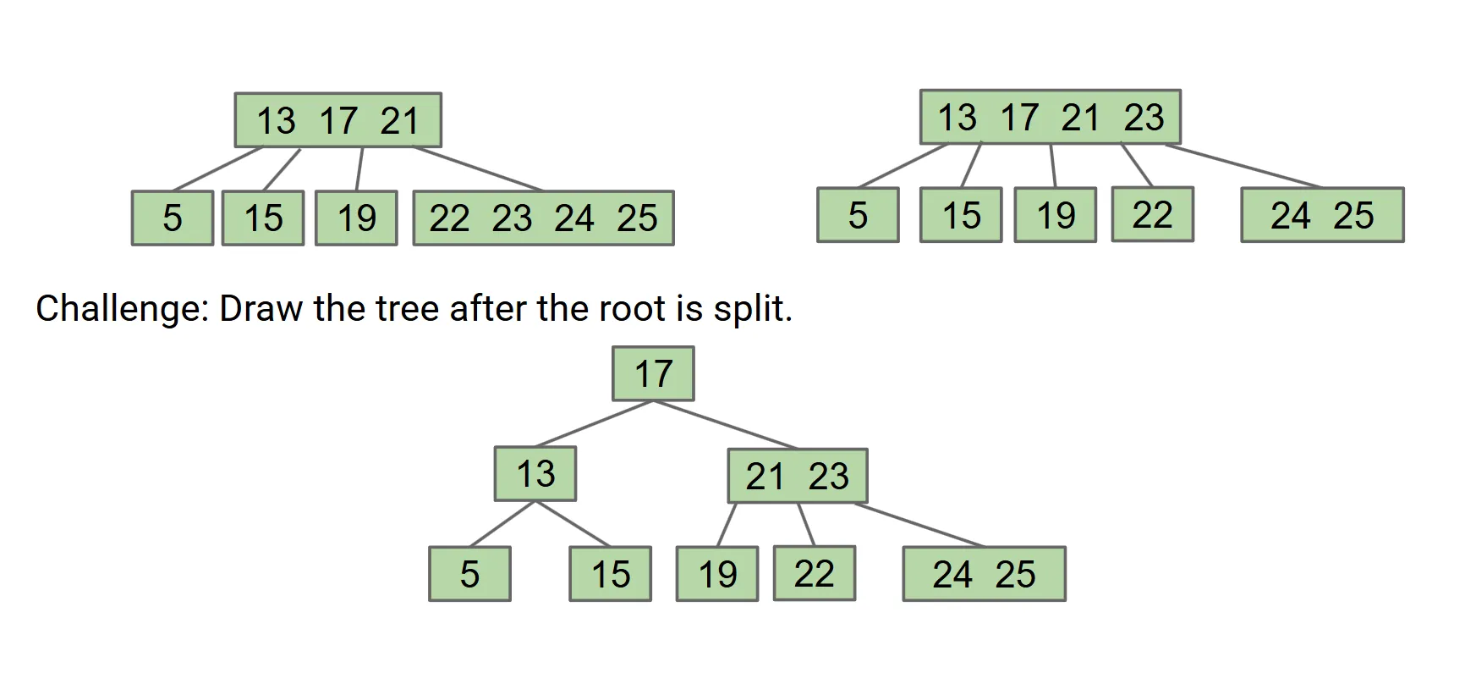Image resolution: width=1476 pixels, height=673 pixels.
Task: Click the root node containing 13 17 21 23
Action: (x=1050, y=117)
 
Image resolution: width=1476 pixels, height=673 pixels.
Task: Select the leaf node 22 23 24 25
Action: (x=543, y=218)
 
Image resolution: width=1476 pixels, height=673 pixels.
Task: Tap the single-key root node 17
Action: (x=653, y=373)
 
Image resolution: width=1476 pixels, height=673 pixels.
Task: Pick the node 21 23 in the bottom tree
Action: (x=798, y=476)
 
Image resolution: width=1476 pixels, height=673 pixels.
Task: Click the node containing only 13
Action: (x=535, y=474)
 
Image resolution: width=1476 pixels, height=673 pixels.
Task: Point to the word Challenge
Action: (x=122, y=309)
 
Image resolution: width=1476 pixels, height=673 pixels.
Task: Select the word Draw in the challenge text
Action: (x=261, y=309)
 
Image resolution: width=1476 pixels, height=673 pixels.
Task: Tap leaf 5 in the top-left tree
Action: (x=173, y=218)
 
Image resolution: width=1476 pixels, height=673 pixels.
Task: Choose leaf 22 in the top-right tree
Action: (x=1152, y=214)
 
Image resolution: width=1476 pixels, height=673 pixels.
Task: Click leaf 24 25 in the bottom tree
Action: (x=984, y=574)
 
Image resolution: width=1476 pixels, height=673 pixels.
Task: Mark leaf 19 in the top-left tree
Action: (x=356, y=218)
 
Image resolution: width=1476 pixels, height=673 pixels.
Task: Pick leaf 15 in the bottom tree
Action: (x=610, y=574)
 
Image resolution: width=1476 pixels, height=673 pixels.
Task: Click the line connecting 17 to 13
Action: (x=594, y=423)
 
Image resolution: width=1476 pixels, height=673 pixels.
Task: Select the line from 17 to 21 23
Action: (x=726, y=424)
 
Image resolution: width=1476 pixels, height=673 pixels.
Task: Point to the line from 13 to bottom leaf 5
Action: (x=502, y=524)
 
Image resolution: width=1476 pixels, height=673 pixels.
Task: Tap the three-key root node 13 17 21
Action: (x=337, y=120)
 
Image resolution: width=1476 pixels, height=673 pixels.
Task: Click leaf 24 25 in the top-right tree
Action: (x=1322, y=215)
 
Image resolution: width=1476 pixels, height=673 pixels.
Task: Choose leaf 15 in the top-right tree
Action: (x=961, y=215)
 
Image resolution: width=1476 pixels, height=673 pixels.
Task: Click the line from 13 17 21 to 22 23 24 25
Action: (x=478, y=168)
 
